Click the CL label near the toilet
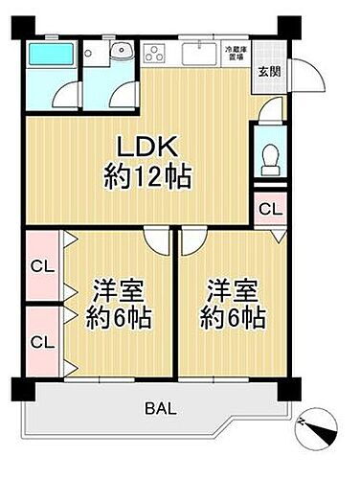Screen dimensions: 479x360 [x=271, y=208]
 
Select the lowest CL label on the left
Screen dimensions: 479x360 [x=41, y=341]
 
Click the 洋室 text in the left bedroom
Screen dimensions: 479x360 [x=112, y=290]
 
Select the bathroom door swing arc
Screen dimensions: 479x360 [x=64, y=94]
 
